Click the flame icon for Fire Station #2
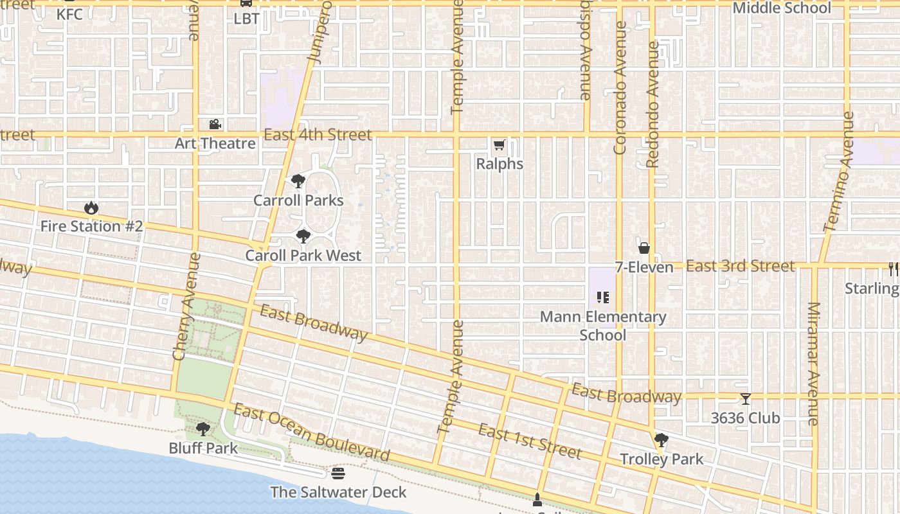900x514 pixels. pyautogui.click(x=91, y=208)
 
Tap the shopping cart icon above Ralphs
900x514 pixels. pyautogui.click(x=500, y=146)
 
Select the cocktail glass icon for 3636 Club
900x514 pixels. pyautogui.click(x=745, y=400)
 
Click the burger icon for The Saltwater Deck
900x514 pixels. pyautogui.click(x=338, y=474)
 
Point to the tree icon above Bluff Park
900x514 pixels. pyautogui.click(x=203, y=429)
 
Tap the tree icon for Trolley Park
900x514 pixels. pyautogui.click(x=661, y=441)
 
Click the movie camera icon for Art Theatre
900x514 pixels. pyautogui.click(x=215, y=125)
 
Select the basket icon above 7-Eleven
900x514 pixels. pyautogui.click(x=643, y=248)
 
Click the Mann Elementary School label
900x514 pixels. pyautogui.click(x=602, y=326)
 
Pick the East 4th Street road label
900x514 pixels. pyautogui.click(x=318, y=135)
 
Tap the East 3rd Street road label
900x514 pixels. pyautogui.click(x=740, y=266)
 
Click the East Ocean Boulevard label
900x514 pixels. pyautogui.click(x=311, y=433)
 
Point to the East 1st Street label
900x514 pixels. pyautogui.click(x=530, y=442)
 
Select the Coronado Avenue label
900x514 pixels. pyautogui.click(x=620, y=88)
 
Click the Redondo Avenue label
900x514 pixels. pyautogui.click(x=653, y=105)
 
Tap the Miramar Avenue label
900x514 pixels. pyautogui.click(x=813, y=364)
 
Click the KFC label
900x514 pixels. pyautogui.click(x=69, y=13)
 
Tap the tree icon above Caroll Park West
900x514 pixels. pyautogui.click(x=303, y=237)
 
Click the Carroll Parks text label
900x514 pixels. pyautogui.click(x=298, y=200)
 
